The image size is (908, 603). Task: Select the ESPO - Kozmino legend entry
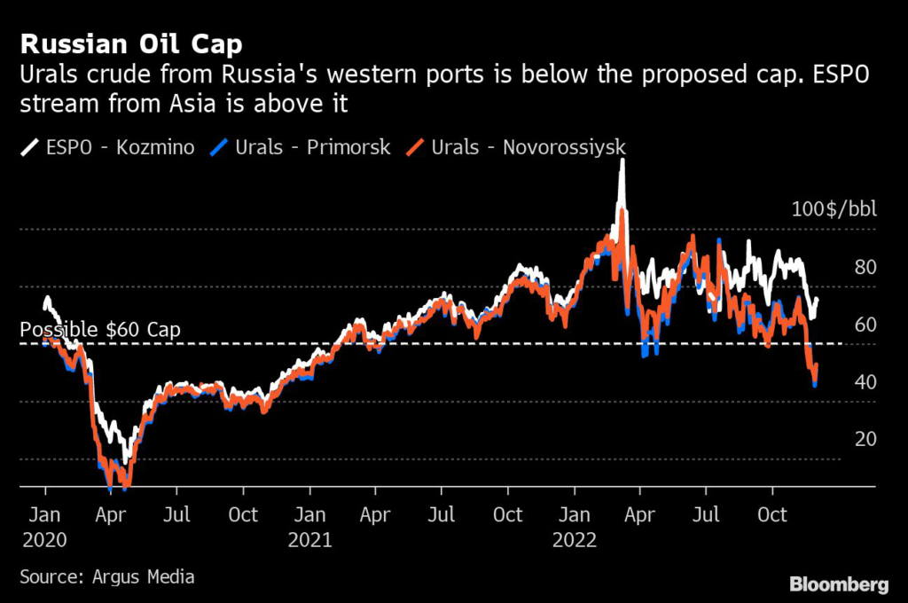click(x=107, y=146)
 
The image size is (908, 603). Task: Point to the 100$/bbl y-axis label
click(x=834, y=210)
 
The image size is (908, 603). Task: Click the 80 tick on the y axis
click(x=865, y=268)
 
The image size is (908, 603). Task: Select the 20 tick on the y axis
click(x=865, y=439)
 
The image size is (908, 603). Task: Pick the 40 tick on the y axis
click(x=865, y=382)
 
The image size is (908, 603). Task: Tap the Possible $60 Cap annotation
click(x=100, y=329)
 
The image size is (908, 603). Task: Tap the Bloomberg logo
click(x=838, y=583)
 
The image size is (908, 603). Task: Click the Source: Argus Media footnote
click(x=107, y=576)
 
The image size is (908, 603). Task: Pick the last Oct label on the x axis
click(x=772, y=514)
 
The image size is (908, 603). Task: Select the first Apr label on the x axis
click(x=111, y=514)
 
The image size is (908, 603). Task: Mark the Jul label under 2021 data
click(x=442, y=514)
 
